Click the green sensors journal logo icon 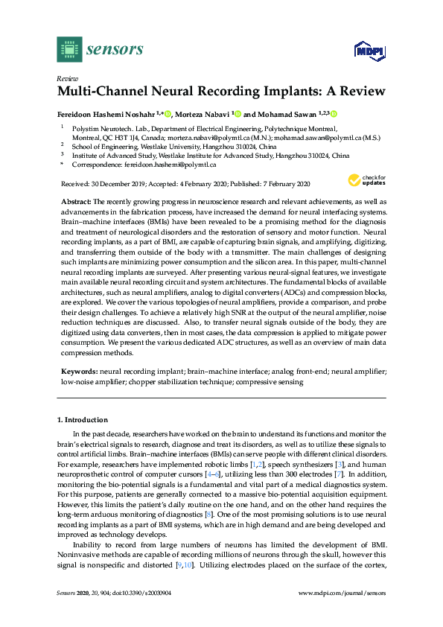(68, 49)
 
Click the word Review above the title (67, 78)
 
